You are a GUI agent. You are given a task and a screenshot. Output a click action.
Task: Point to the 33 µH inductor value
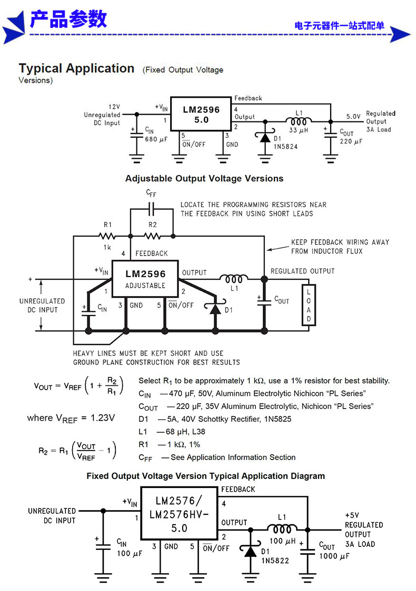299,130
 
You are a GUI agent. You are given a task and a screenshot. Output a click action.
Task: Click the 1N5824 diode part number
286,147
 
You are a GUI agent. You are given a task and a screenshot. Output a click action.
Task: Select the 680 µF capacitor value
156,139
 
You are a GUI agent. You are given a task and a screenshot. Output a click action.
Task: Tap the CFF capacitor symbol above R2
151,208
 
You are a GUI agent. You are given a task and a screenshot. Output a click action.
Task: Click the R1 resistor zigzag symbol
107,236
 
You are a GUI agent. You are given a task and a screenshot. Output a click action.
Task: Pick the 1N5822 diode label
275,561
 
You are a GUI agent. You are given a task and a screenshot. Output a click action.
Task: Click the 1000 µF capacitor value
334,556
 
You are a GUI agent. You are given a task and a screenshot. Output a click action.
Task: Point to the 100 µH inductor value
282,541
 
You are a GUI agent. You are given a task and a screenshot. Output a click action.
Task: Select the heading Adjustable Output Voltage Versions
204,178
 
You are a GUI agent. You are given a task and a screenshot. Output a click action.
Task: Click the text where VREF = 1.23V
71,418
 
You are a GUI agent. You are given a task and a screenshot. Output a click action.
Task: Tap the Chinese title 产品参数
68,19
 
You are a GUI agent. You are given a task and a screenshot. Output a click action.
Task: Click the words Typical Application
77,68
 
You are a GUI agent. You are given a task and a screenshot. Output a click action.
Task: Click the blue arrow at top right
399,35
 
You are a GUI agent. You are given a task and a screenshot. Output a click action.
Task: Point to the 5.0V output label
353,117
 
